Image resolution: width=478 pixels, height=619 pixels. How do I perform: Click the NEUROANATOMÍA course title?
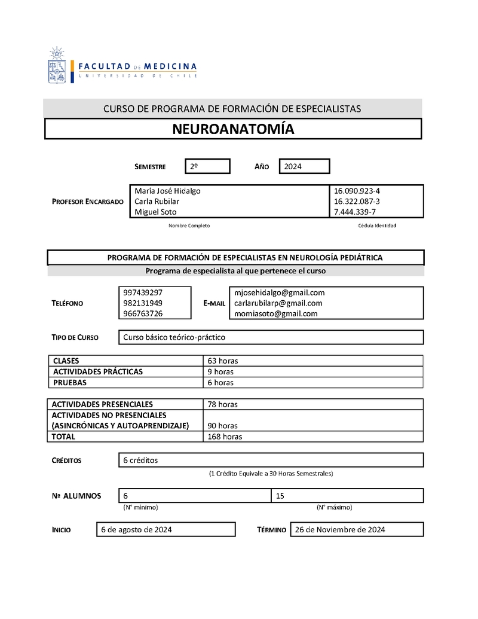coord(233,129)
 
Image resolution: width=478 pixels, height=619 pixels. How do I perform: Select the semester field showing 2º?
coord(207,166)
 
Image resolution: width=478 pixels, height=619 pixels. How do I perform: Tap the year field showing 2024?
coord(304,166)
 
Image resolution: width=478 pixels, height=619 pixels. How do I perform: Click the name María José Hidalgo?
coord(168,191)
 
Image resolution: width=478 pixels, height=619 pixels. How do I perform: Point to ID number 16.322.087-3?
coord(357,202)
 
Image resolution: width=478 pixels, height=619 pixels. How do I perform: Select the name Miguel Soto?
coord(155,212)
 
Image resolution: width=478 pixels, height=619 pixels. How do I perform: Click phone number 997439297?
coord(143,292)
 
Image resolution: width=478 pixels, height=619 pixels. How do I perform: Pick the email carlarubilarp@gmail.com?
coord(278,303)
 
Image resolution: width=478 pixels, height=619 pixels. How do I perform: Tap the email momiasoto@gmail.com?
coord(275,314)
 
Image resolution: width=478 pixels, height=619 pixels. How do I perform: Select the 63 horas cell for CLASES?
coord(222,361)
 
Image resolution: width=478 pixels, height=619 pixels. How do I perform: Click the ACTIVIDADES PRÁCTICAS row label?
coord(98,372)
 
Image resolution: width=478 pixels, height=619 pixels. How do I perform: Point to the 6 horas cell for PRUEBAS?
coord(220,383)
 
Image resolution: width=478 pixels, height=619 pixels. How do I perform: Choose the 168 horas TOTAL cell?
coord(224,437)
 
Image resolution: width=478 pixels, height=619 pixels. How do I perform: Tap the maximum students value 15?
coord(280,496)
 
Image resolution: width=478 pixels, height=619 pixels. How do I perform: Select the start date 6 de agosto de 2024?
coord(136,529)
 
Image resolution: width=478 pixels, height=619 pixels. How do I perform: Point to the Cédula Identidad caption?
coord(376,225)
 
